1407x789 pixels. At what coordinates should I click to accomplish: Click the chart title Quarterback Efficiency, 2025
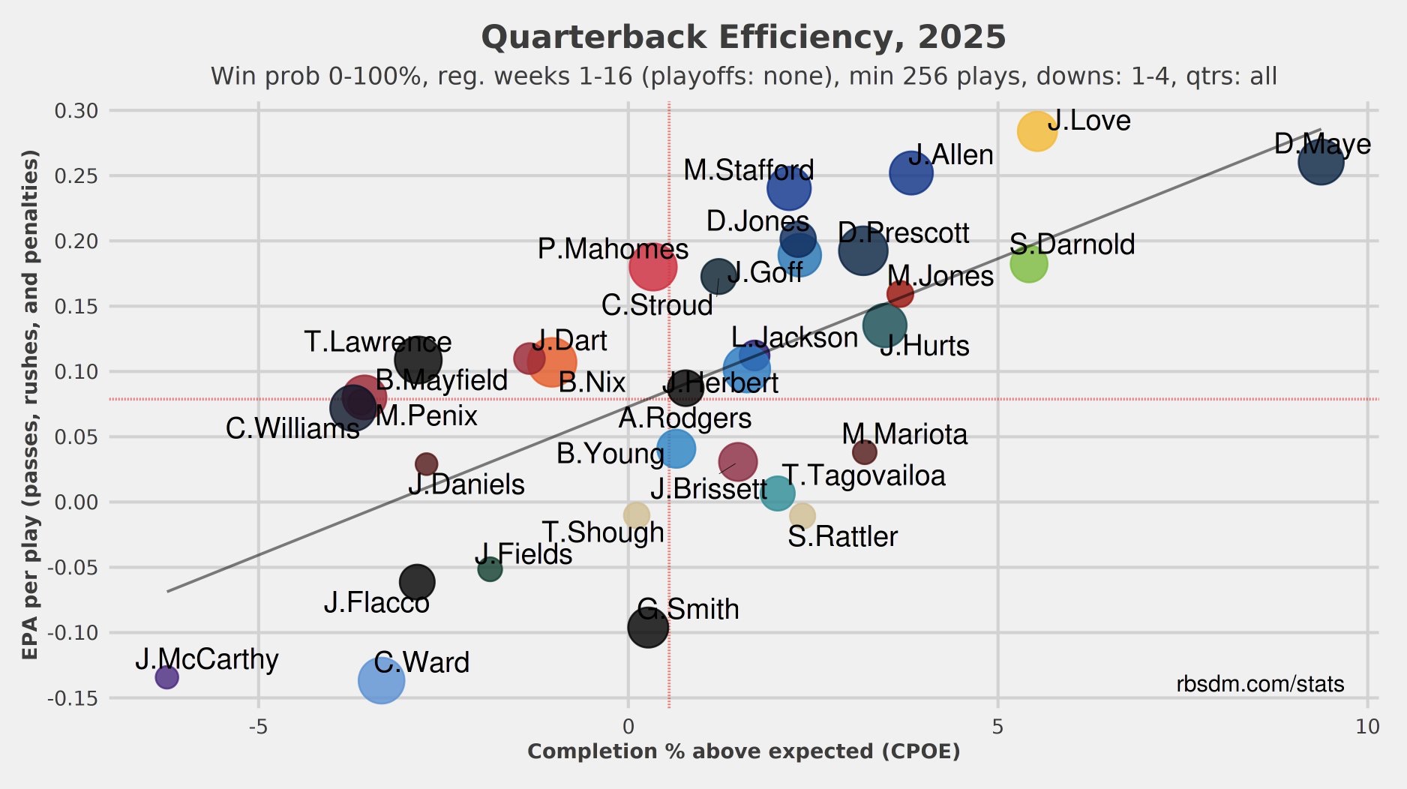(742, 37)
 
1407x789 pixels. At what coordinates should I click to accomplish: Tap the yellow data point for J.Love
(1036, 132)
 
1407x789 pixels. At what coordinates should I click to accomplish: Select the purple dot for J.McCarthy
(166, 677)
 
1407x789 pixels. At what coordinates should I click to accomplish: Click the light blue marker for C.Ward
(381, 680)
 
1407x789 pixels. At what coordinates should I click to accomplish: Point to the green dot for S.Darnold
(1027, 264)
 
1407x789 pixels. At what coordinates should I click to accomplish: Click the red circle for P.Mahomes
(652, 266)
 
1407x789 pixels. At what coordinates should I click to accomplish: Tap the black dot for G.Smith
(648, 627)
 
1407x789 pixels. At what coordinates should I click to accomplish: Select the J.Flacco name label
(376, 603)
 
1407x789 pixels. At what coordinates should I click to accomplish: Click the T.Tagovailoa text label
(863, 475)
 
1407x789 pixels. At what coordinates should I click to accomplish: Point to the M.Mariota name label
(904, 434)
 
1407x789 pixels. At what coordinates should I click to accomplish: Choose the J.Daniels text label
(466, 484)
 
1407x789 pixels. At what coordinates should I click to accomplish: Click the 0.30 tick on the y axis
(76, 111)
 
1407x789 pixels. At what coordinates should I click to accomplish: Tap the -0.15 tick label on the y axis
(73, 698)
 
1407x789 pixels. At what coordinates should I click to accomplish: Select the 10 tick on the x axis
(1367, 726)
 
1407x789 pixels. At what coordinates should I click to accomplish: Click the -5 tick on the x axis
(258, 726)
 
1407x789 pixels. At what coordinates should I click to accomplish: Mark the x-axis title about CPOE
(743, 751)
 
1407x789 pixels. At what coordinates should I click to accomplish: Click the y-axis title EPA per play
(30, 405)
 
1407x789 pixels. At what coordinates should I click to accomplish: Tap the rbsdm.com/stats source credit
(1260, 684)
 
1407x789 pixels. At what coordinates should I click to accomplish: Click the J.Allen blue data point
(911, 173)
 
